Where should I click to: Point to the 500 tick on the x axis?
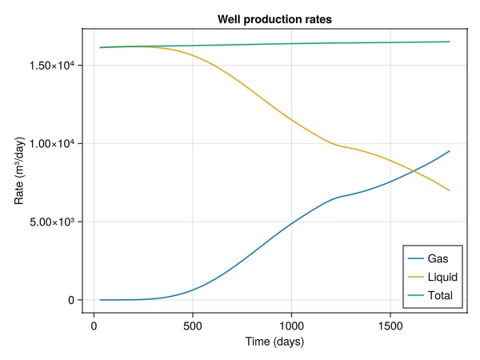coord(193,326)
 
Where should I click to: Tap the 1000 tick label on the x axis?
coord(291,326)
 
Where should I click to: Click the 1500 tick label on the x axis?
coord(390,326)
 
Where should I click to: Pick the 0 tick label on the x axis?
coord(94,326)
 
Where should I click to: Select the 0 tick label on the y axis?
coord(71,300)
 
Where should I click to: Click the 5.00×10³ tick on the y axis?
coord(50,222)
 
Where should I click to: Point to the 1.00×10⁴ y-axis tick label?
coord(50,143)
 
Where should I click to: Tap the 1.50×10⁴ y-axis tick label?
coord(50,65)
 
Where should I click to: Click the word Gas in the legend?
coord(438,259)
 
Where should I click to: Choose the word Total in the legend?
coord(441,295)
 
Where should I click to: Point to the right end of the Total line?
coord(450,42)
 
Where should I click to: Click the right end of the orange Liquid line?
coord(450,190)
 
